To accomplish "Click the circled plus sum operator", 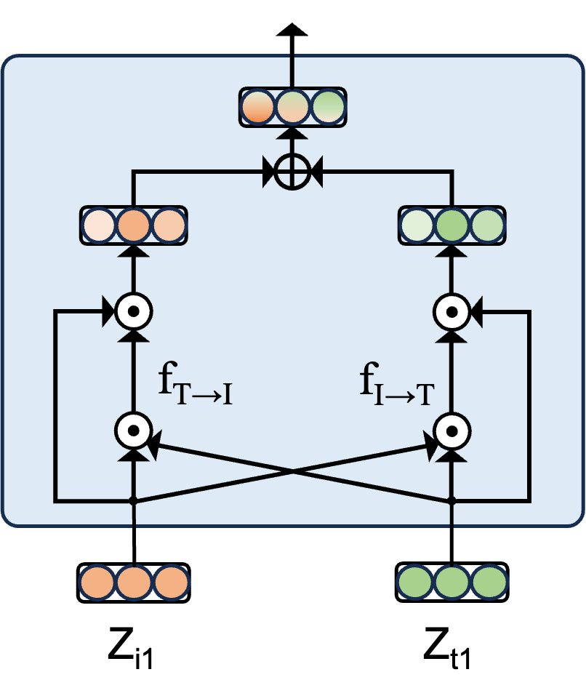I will [292, 173].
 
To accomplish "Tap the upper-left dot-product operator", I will [133, 312].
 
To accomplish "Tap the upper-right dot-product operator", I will [451, 312].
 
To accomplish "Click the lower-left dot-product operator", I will [133, 431].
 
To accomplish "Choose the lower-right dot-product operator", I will [451, 431].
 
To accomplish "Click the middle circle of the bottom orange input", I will [134, 583].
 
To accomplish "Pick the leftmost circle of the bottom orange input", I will [97, 583].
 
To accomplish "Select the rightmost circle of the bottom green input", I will [489, 583].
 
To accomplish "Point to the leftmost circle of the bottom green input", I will [415, 583].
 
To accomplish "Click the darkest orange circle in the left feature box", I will [133, 225].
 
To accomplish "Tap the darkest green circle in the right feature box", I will [451, 225].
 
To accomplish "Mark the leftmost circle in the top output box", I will [257, 107].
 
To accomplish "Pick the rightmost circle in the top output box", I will [328, 107].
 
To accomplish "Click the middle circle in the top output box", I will [292, 107].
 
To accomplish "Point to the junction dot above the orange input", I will [133, 500].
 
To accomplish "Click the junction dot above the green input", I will [451, 500].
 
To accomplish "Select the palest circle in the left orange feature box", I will [98, 225].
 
